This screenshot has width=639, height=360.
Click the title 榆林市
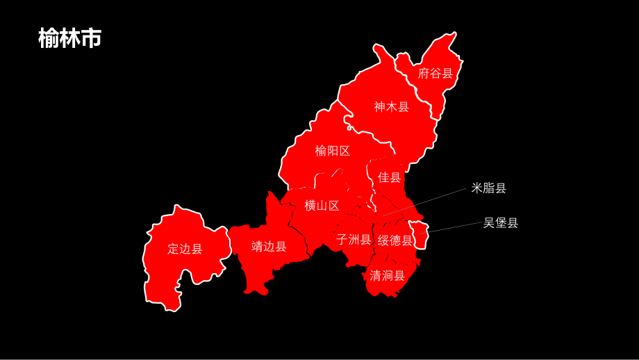[x=69, y=38]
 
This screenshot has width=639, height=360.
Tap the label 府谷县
[x=435, y=74]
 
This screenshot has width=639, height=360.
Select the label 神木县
[x=392, y=107]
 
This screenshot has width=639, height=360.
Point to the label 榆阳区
[x=333, y=151]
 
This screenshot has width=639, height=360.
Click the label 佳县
[x=390, y=178]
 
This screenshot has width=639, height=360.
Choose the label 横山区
[x=322, y=206]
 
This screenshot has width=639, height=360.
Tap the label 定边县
[x=185, y=249]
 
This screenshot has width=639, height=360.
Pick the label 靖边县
[x=269, y=247]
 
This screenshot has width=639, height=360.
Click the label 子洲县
[x=354, y=240]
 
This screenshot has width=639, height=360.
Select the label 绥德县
[x=395, y=240]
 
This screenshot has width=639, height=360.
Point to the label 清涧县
[x=387, y=275]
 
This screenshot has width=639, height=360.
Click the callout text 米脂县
[x=489, y=188]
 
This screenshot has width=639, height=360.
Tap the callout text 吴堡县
[x=501, y=223]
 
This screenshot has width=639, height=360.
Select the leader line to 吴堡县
[x=455, y=227]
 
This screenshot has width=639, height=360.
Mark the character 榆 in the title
[x=49, y=38]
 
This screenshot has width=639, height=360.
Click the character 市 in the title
[x=91, y=38]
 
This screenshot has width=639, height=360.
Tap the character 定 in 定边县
[x=174, y=249]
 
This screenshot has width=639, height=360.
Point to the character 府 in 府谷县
[x=424, y=74]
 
